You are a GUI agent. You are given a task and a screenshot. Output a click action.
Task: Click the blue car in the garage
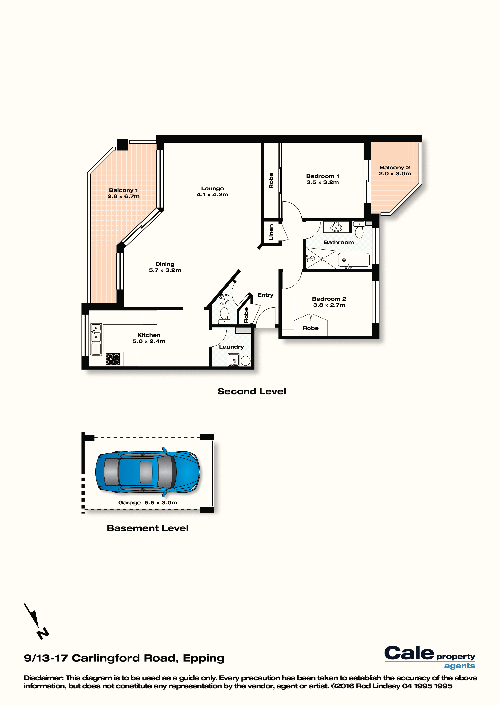point(147,472)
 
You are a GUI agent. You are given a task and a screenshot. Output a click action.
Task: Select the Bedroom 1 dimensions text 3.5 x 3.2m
point(323,182)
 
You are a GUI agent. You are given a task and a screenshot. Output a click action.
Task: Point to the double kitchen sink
point(96,333)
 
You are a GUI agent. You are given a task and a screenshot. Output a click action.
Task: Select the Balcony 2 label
point(395,168)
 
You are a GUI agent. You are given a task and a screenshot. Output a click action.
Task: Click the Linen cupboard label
point(271,232)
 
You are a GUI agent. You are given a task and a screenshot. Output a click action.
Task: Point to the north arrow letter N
point(43,633)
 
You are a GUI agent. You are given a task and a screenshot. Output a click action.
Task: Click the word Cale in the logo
point(409,653)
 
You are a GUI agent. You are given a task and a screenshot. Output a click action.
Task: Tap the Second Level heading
point(252,391)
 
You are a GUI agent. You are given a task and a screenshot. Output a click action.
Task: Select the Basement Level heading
point(147,528)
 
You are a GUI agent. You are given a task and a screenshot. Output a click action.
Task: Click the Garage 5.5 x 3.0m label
point(147,503)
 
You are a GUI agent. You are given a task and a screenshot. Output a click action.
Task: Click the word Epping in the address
point(204,658)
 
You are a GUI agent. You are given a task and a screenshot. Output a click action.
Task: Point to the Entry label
point(265,295)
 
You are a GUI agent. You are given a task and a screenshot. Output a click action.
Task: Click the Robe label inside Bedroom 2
point(310,328)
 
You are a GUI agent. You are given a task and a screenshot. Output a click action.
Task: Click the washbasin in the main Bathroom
point(336,227)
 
